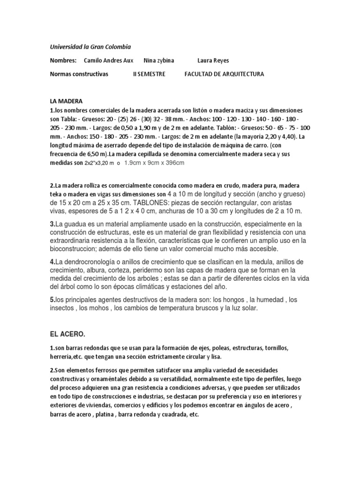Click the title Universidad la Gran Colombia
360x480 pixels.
click(x=90, y=47)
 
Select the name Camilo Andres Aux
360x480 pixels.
click(x=108, y=60)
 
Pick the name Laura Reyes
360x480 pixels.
click(x=214, y=60)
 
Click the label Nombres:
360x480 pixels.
click(x=63, y=60)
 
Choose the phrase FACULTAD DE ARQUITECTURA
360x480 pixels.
click(x=225, y=74)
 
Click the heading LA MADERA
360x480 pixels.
click(x=66, y=101)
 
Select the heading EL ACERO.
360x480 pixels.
click(x=68, y=334)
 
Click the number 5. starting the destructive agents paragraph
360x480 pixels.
click(x=52, y=299)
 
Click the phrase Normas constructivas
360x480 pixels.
click(x=79, y=74)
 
